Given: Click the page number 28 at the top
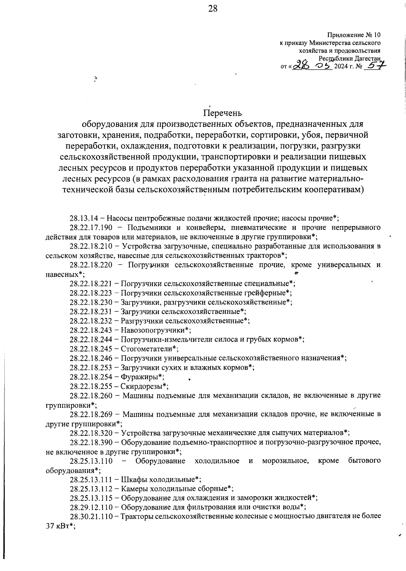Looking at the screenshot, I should [x=212, y=9].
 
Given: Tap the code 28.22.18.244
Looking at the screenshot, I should [x=91, y=339].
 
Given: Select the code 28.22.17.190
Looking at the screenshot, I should [x=91, y=227].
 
